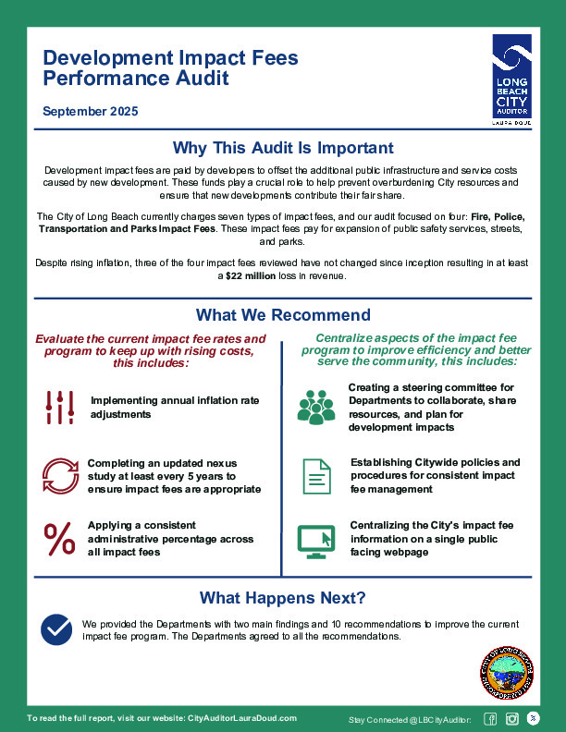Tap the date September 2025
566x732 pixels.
[x=91, y=112]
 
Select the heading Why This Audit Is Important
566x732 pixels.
[x=283, y=148]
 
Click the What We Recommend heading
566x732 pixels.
[x=283, y=315]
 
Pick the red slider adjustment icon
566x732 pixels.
[x=60, y=407]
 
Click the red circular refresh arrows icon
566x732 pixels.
[x=60, y=475]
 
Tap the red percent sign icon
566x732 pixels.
[x=60, y=539]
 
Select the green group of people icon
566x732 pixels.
[x=316, y=407]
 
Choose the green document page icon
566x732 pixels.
[x=316, y=475]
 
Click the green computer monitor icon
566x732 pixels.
[x=316, y=541]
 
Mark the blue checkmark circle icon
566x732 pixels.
[x=57, y=628]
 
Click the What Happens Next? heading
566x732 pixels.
[x=283, y=597]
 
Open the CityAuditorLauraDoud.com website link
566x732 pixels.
[x=242, y=718]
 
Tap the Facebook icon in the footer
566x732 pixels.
[x=491, y=719]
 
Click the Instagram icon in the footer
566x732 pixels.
[x=511, y=719]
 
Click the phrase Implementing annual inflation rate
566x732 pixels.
[x=175, y=400]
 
